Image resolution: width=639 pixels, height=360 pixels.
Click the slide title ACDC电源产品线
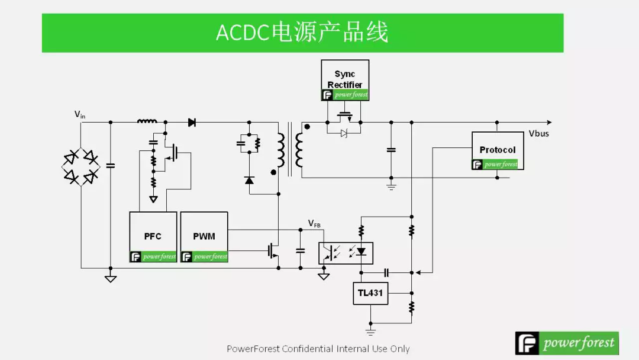pyautogui.click(x=302, y=33)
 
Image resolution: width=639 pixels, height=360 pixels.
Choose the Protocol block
pyautogui.click(x=497, y=150)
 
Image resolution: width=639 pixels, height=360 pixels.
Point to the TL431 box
pyautogui.click(x=370, y=293)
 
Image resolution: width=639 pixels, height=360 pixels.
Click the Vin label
pyautogui.click(x=79, y=114)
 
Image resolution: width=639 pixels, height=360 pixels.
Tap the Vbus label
pyautogui.click(x=538, y=134)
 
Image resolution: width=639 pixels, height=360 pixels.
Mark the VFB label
pyautogui.click(x=314, y=223)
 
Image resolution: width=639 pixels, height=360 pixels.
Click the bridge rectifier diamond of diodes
pyautogui.click(x=81, y=166)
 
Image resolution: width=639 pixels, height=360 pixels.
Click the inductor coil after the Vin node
pyautogui.click(x=147, y=122)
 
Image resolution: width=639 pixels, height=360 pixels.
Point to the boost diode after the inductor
pyautogui.click(x=192, y=123)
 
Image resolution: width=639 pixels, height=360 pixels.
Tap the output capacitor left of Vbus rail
pyautogui.click(x=390, y=150)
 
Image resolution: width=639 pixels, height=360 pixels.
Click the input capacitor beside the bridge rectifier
pyautogui.click(x=110, y=165)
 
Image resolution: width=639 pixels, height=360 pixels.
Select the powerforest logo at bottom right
pyautogui.click(x=566, y=343)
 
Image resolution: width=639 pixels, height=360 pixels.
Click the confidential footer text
pyautogui.click(x=318, y=349)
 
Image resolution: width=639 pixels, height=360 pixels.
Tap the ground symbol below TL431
pyautogui.click(x=370, y=332)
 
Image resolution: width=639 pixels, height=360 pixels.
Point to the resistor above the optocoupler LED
pyautogui.click(x=361, y=230)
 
